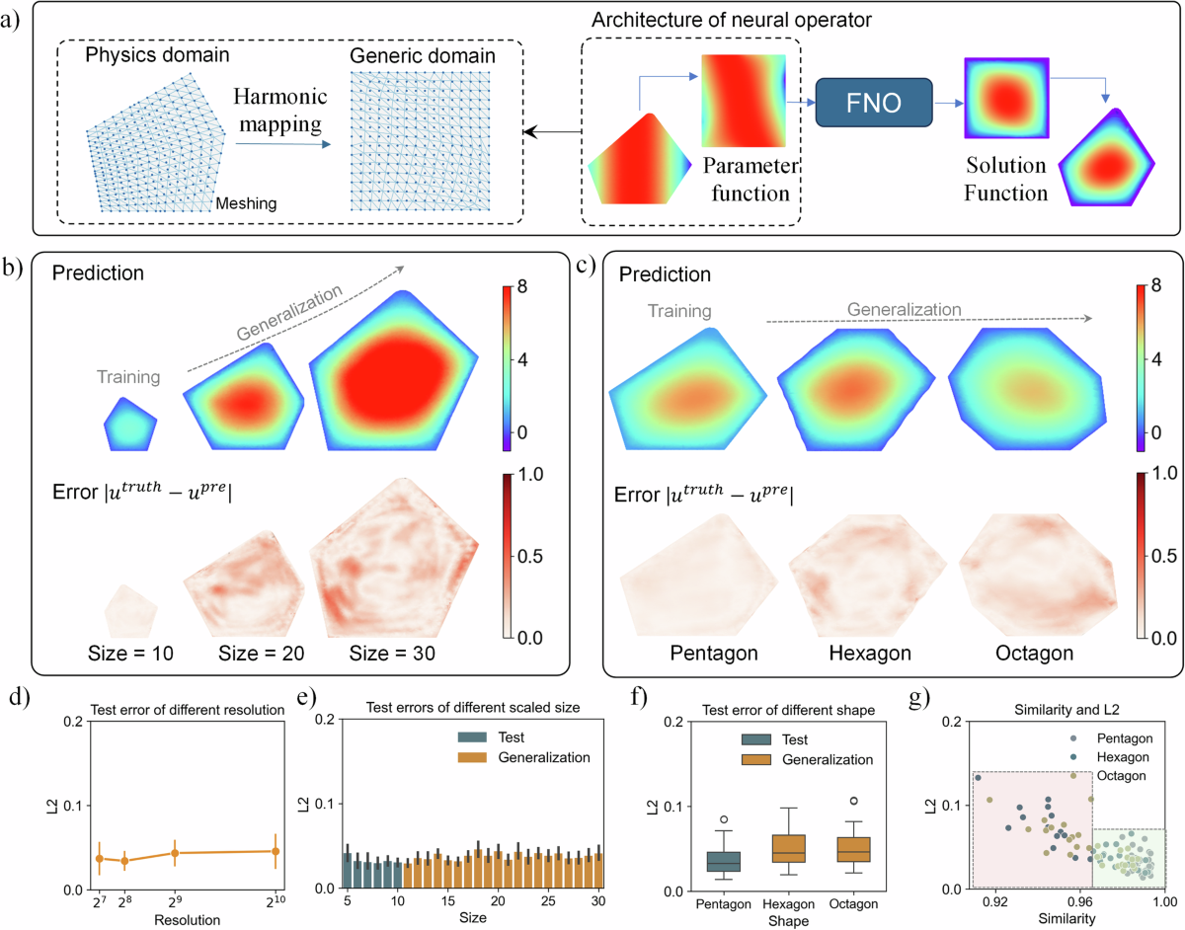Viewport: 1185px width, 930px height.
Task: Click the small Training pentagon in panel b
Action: tap(129, 425)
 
